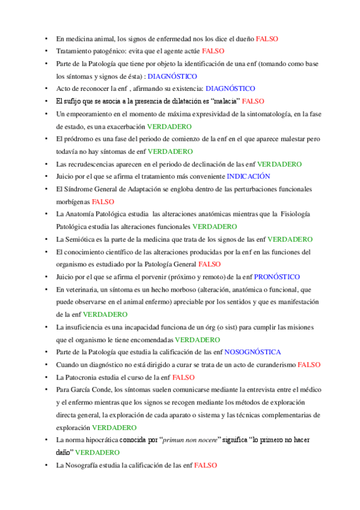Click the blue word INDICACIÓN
tap(248, 176)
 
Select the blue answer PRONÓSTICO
tap(276, 277)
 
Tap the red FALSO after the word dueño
tap(267, 38)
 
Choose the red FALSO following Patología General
tap(209, 264)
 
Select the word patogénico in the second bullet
tap(115, 51)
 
